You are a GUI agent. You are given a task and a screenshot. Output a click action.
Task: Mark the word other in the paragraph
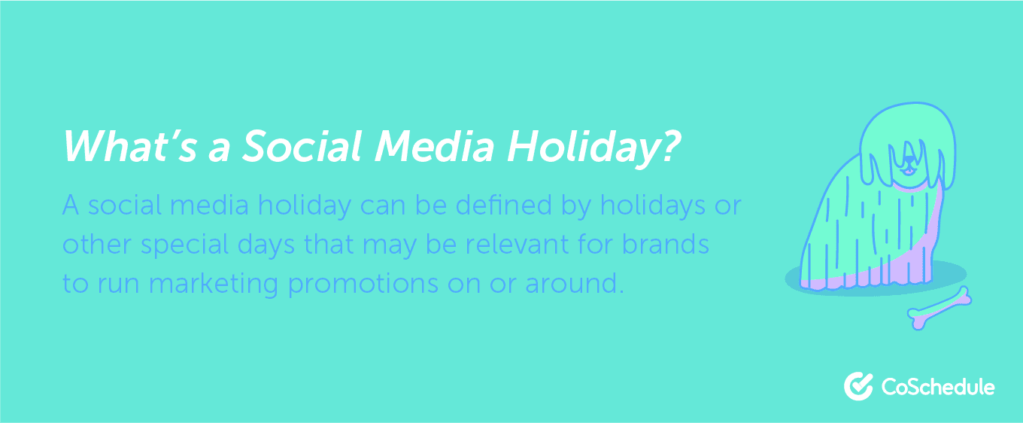pos(89,245)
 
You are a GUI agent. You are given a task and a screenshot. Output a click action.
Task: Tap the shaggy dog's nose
pos(909,161)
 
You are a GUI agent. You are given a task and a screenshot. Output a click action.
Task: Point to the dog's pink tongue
pos(909,171)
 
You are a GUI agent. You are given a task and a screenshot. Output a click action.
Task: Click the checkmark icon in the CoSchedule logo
pos(858,386)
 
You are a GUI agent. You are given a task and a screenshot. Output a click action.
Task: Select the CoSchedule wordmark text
pos(937,387)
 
